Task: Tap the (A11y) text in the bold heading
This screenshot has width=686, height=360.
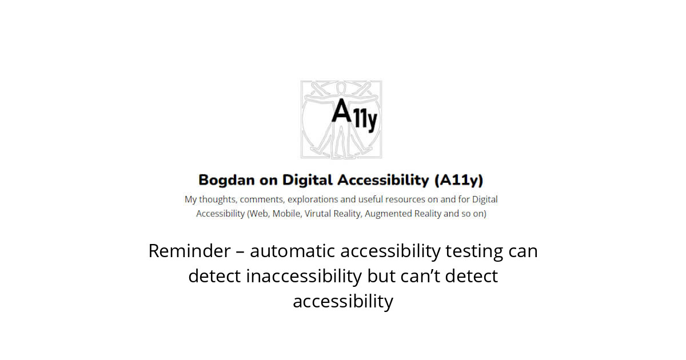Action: pos(459,181)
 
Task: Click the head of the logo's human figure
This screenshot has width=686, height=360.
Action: pos(342,88)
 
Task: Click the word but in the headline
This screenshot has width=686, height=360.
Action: pos(379,276)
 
